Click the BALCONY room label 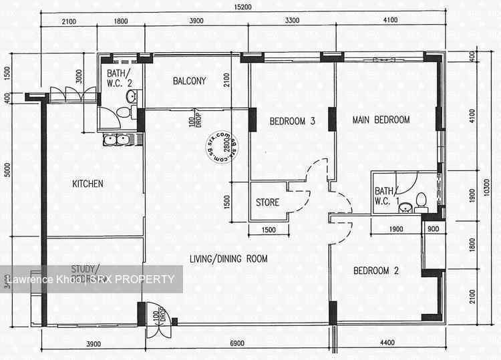pos(189,81)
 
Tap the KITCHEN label pos(88,184)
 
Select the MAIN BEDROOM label pos(381,120)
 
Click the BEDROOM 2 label pos(376,271)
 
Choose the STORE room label pos(267,202)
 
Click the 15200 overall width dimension pos(243,7)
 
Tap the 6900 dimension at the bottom pos(239,343)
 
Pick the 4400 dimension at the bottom pos(387,343)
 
